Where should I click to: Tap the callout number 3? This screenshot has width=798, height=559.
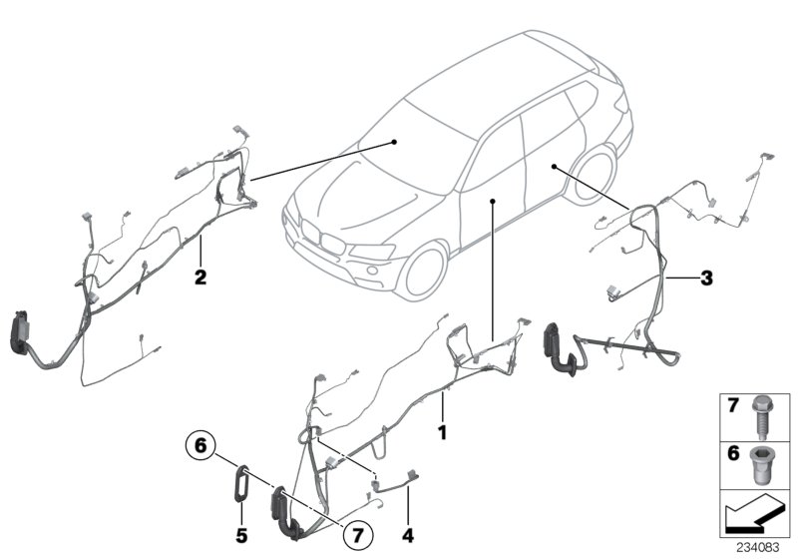[706, 279]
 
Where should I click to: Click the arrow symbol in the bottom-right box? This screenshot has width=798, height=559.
[752, 518]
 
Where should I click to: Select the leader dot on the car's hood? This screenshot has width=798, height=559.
[396, 142]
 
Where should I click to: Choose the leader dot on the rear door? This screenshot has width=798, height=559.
[552, 167]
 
